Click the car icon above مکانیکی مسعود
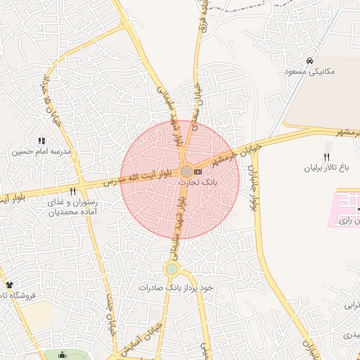tap(310, 61)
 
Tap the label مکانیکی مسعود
tap(311, 72)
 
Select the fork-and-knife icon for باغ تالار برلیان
tap(326, 157)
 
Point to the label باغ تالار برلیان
tap(326, 168)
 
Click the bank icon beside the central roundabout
tap(198, 171)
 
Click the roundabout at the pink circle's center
tap(186, 171)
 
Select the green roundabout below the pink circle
tap(172, 269)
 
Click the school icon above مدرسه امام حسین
tap(41, 141)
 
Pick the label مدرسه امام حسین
tap(40, 151)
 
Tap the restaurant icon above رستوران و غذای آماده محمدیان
tap(72, 191)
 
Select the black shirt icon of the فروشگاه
tap(9, 285)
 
